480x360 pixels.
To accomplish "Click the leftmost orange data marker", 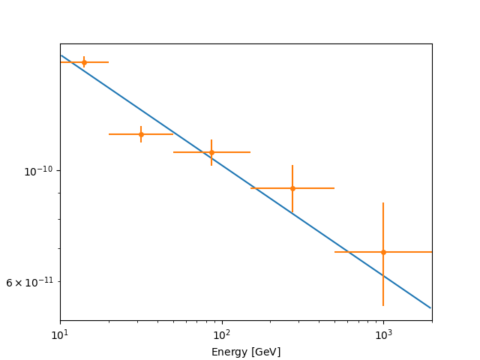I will pyautogui.click(x=84, y=62).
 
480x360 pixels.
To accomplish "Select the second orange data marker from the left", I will pyautogui.click(x=141, y=134).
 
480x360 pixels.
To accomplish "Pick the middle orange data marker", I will pyautogui.click(x=211, y=152).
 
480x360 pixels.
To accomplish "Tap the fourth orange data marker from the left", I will pyautogui.click(x=292, y=188).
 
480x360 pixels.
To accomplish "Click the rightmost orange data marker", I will pyautogui.click(x=383, y=252).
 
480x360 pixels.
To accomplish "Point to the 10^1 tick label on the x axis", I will pyautogui.click(x=60, y=334).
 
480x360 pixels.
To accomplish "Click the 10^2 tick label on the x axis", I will pyautogui.click(x=222, y=334).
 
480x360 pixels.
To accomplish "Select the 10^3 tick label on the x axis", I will pyautogui.click(x=383, y=334).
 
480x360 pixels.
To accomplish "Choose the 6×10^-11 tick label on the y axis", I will pyautogui.click(x=30, y=282).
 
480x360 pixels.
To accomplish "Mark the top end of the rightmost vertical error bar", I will pyautogui.click(x=383, y=202).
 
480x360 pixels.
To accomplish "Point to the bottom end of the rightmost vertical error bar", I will pyautogui.click(x=383, y=306).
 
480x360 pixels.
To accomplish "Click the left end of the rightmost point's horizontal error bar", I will pyautogui.click(x=334, y=252).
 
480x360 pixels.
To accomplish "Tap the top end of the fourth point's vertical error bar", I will pyautogui.click(x=292, y=165).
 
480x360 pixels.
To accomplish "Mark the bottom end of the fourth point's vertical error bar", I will pyautogui.click(x=292, y=213).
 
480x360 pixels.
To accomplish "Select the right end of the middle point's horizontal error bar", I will pyautogui.click(x=250, y=152).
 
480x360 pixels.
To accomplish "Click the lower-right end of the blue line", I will pyautogui.click(x=431, y=308).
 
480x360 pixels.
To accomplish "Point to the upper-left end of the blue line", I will pyautogui.click(x=61, y=55).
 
